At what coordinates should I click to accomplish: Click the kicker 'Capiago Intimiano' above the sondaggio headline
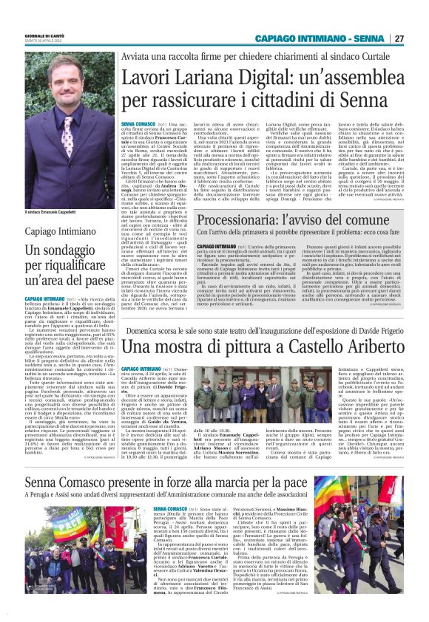pos(58,231)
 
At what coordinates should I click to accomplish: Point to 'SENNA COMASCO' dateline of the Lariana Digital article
pos(138,126)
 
